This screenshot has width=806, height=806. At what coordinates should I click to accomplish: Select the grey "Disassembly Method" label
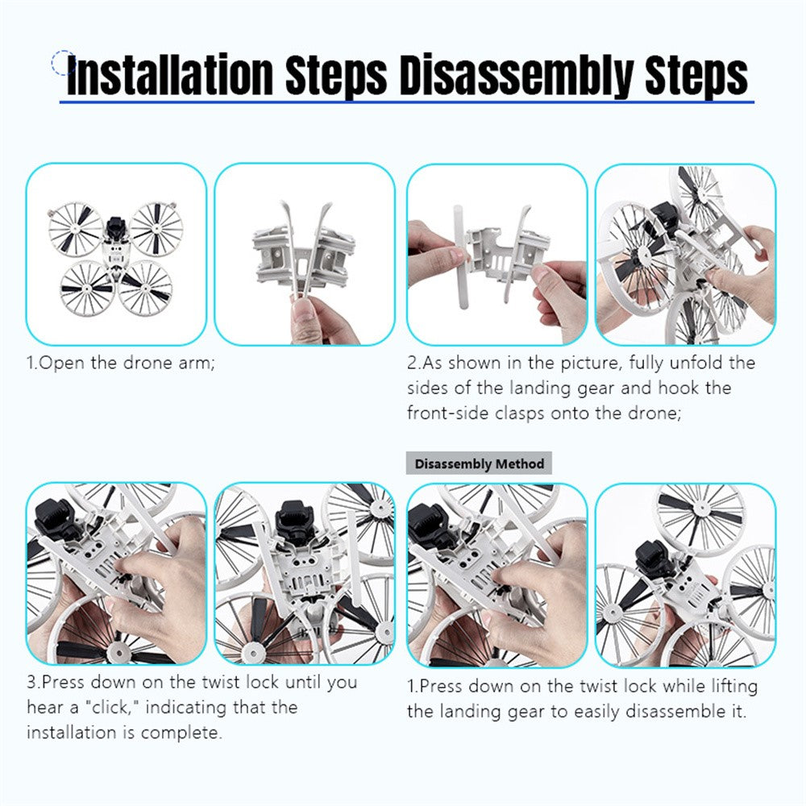coord(479,463)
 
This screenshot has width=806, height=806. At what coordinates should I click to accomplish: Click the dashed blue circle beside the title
coord(63,63)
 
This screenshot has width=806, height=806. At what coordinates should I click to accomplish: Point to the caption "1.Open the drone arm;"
coord(121,363)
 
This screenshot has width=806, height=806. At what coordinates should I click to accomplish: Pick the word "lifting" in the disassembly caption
coord(734,687)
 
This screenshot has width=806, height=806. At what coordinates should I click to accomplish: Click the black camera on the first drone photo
coord(115,227)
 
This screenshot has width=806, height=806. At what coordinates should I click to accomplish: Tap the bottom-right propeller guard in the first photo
coord(145,287)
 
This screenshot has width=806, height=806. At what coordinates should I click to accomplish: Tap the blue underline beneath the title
coord(406,102)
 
